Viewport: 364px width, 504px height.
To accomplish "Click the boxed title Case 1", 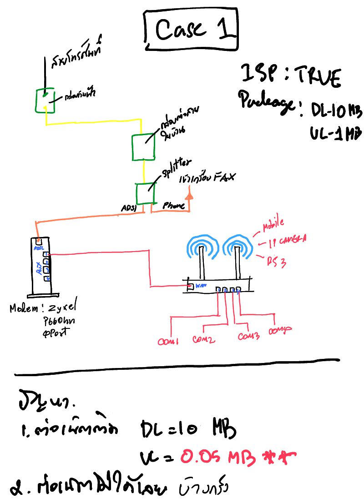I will (191, 30).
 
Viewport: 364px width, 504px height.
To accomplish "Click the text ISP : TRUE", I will (290, 76).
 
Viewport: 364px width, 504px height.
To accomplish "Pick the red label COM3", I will (248, 337).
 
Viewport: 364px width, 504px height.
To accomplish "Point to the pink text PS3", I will (276, 260).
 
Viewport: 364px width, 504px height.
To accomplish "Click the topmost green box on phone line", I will (45, 101).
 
